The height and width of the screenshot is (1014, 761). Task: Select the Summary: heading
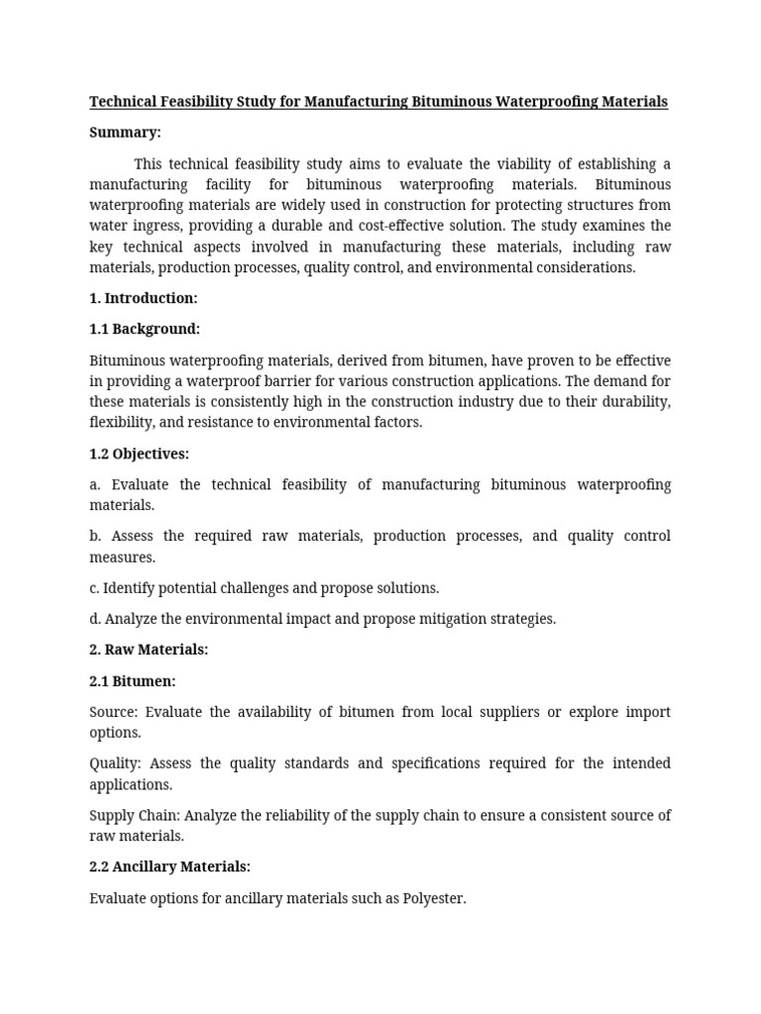(125, 133)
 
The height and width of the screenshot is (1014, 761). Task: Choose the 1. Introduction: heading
(144, 298)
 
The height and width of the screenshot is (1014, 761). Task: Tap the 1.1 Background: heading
(145, 329)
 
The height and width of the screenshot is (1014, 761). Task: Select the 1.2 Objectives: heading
(139, 454)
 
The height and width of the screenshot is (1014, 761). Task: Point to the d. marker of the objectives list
(95, 619)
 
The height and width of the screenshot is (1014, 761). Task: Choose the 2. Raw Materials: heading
(149, 650)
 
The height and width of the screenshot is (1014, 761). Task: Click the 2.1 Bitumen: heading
(133, 681)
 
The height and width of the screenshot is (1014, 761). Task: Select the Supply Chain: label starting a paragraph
(134, 815)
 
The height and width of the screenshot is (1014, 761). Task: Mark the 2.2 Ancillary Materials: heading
(169, 866)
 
